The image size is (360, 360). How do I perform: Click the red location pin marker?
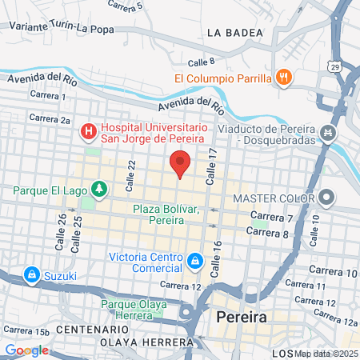tap(180, 165)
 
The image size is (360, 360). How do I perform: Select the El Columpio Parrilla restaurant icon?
tap(282, 78)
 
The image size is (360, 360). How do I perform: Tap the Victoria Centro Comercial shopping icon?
tap(194, 261)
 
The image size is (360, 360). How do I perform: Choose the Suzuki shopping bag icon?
tap(32, 275)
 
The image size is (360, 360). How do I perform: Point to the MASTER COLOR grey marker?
tap(326, 198)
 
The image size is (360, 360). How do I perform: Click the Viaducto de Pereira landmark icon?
tap(326, 132)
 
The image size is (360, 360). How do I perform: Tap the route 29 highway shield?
tap(334, 65)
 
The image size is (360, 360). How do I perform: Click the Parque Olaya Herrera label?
tap(134, 310)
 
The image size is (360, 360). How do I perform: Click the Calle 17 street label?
tap(212, 167)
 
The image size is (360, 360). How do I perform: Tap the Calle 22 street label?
tap(131, 170)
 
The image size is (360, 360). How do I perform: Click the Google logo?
tap(27, 350)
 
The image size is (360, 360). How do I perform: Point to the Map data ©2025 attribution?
tap(326, 354)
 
